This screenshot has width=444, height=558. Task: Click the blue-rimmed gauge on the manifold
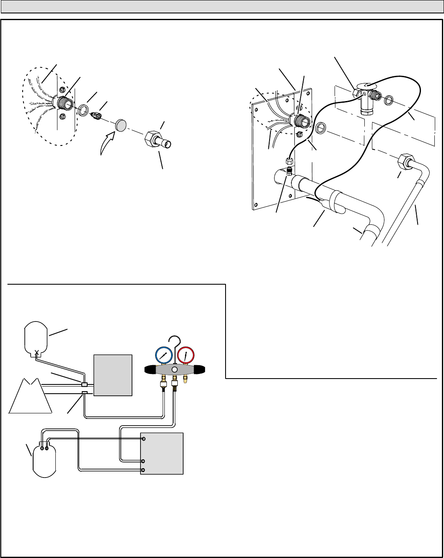164,356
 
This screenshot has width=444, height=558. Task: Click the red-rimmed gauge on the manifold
186,356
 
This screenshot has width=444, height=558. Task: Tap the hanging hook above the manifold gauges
173,342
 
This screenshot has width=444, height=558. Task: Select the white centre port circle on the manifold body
174,370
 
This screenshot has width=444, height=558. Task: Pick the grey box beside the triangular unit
113,375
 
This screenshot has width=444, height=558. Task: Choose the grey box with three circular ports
162,453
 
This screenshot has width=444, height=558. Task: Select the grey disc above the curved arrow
122,125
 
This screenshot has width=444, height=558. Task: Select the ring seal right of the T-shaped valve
389,100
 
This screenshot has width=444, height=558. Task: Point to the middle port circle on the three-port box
143,461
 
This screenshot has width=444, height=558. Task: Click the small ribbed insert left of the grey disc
96,116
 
